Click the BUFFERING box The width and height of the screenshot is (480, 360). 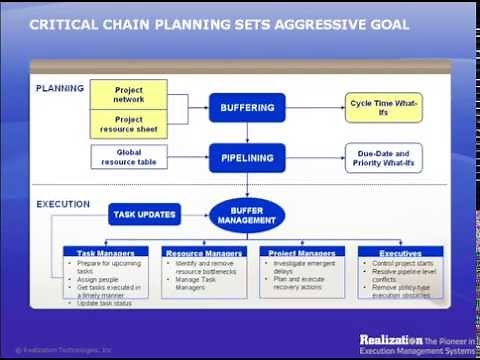[247, 107]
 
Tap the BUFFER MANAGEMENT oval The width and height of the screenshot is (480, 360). [246, 213]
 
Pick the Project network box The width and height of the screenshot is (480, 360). [128, 94]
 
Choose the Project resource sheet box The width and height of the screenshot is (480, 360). [128, 124]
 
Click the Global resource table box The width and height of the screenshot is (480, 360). [128, 157]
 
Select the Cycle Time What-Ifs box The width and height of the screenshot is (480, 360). [385, 106]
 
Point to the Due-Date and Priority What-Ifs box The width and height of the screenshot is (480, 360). [385, 157]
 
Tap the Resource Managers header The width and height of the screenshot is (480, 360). [204, 254]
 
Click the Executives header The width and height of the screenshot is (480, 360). [400, 254]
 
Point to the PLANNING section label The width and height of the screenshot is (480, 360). [60, 88]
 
